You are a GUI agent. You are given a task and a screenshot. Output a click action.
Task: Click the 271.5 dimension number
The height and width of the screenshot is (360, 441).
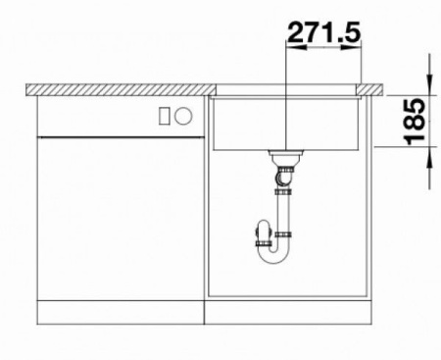click(324, 31)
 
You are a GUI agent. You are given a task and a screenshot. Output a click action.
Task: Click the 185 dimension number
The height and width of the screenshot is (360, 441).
click(415, 122)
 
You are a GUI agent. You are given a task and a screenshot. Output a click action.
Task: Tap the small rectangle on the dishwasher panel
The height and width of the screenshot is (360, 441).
click(165, 116)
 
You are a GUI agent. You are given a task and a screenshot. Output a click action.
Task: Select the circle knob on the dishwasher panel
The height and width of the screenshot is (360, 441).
click(183, 116)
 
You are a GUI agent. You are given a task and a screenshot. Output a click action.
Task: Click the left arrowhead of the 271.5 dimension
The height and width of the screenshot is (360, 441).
click(296, 47)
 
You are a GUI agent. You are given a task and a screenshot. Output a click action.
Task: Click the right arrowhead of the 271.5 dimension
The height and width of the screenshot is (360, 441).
click(351, 47)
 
